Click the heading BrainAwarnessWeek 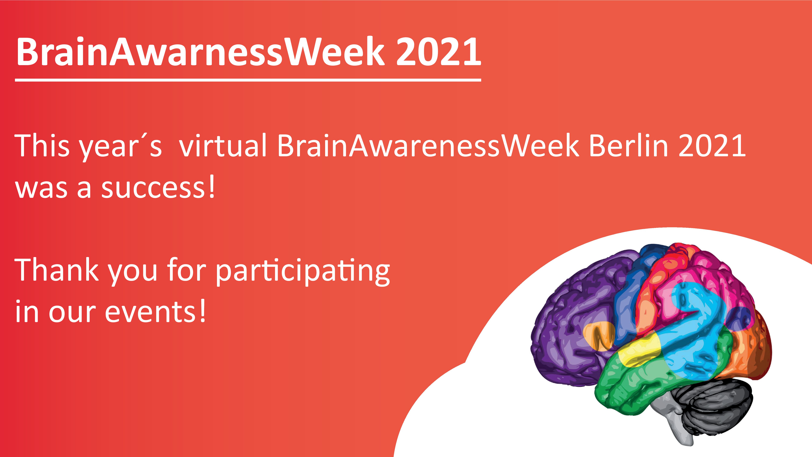200,51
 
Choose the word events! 155,312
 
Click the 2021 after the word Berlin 712,146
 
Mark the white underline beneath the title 248,80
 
